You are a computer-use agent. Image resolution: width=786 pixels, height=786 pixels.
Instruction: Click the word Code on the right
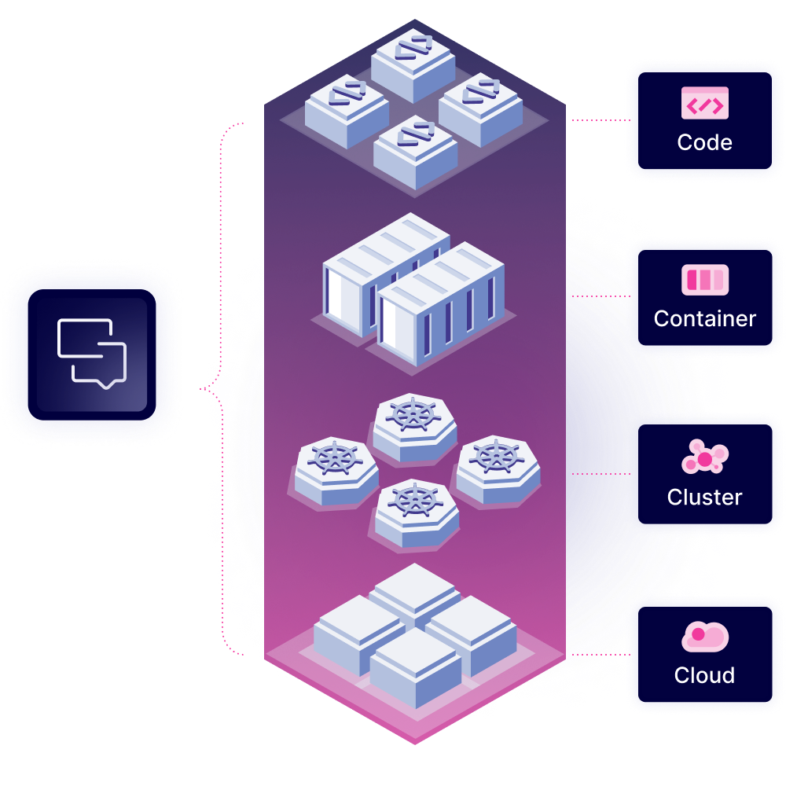click(x=704, y=142)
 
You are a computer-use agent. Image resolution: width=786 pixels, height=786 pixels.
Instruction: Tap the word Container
click(x=704, y=319)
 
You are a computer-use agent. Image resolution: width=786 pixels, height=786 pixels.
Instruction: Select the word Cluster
click(x=704, y=497)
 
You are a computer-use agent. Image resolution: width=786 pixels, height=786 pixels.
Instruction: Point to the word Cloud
click(x=704, y=675)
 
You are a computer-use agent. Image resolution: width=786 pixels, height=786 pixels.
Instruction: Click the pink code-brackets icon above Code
click(x=704, y=103)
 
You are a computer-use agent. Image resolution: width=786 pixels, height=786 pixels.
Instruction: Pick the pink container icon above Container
click(x=704, y=280)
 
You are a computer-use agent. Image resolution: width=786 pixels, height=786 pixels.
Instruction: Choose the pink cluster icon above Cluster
click(x=704, y=457)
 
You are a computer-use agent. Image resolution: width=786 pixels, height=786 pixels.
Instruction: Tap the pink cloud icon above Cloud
click(x=704, y=637)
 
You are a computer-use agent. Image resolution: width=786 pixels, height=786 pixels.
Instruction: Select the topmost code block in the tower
click(x=413, y=64)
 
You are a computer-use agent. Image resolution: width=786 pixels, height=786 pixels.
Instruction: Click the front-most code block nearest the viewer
click(x=415, y=152)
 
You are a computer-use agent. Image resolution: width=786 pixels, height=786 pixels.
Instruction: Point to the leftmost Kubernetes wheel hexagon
click(x=336, y=471)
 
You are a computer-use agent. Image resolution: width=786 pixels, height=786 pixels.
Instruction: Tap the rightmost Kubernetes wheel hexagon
click(x=498, y=469)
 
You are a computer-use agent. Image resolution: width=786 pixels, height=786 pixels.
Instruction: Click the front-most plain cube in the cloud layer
click(x=416, y=667)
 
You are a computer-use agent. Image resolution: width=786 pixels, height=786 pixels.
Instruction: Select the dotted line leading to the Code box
click(x=601, y=120)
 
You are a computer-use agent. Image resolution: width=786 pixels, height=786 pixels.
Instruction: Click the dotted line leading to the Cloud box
click(x=601, y=655)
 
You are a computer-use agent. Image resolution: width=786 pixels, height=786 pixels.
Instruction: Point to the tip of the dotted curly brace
click(x=200, y=388)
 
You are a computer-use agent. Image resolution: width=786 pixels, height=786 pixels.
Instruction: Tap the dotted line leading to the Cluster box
click(x=601, y=474)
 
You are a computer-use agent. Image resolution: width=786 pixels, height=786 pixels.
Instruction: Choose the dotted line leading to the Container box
click(x=601, y=296)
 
